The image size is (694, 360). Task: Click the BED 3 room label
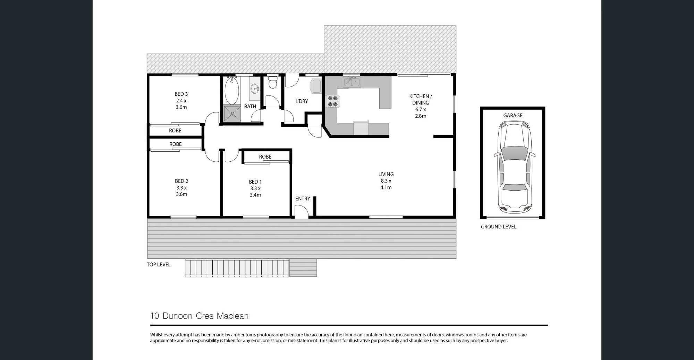point(181,94)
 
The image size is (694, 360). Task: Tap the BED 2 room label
point(181,181)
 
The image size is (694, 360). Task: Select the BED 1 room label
point(255,182)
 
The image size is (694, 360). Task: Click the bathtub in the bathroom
point(232,91)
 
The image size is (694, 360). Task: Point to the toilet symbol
point(273,83)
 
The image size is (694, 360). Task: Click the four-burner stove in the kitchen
point(333,101)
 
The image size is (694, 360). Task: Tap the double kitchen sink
point(352,82)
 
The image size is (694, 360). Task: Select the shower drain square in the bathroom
point(232,114)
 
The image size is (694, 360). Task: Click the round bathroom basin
point(255,89)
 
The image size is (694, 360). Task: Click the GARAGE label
point(513,116)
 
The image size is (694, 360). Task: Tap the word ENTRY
point(303,199)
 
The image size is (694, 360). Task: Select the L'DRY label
point(302,101)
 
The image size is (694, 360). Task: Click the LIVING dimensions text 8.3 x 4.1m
point(386,184)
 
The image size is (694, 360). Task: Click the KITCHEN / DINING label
point(421,100)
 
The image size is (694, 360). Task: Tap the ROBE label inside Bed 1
point(265,157)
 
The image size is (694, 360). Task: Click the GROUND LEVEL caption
point(498,227)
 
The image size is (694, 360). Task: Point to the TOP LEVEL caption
point(159,265)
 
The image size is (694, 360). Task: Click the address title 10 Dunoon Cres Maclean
point(199,316)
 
